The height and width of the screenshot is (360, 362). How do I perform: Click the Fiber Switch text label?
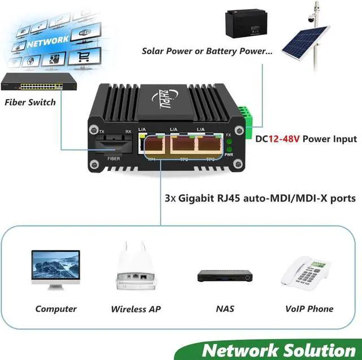click(30, 102)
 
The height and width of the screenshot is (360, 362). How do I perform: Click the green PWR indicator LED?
click(229, 148)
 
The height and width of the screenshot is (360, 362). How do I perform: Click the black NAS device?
click(223, 276)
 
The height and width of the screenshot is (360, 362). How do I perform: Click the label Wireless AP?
click(136, 309)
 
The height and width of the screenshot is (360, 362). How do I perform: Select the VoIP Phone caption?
click(309, 308)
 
